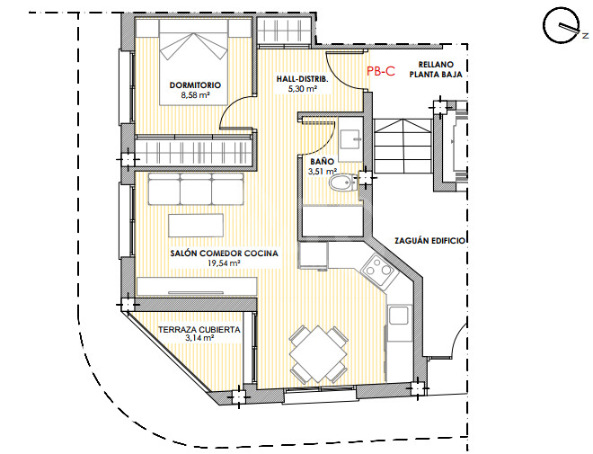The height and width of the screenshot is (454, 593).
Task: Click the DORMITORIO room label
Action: pyautogui.click(x=195, y=85)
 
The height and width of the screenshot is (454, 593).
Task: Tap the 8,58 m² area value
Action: pyautogui.click(x=195, y=95)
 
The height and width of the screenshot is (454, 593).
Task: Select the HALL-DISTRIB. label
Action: pyautogui.click(x=302, y=79)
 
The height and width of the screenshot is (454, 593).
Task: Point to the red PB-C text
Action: pyautogui.click(x=381, y=71)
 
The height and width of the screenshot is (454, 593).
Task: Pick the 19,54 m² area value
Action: pyautogui.click(x=225, y=263)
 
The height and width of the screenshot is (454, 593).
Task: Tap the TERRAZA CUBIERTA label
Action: pyautogui.click(x=199, y=330)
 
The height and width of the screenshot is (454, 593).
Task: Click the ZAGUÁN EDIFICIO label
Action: pyautogui.click(x=429, y=241)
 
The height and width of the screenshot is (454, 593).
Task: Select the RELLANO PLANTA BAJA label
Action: pyautogui.click(x=436, y=69)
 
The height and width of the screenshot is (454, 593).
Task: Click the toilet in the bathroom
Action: pyautogui.click(x=342, y=183)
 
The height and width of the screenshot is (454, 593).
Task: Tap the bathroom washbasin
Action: pyautogui.click(x=350, y=139)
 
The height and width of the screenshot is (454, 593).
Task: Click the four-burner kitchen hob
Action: pyautogui.click(x=380, y=270)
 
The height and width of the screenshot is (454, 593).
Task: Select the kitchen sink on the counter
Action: pyautogui.click(x=399, y=316)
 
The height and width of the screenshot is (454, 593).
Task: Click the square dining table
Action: pyautogui.click(x=318, y=354)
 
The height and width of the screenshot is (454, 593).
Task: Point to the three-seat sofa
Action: pyautogui.click(x=196, y=189)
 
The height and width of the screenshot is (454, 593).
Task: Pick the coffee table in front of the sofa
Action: pyautogui.click(x=196, y=226)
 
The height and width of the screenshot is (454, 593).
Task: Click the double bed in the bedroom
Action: pyautogui.click(x=194, y=62)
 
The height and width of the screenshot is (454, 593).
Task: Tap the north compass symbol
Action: pyautogui.click(x=562, y=25)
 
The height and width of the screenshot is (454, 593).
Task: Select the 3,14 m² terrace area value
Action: pyautogui.click(x=200, y=338)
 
